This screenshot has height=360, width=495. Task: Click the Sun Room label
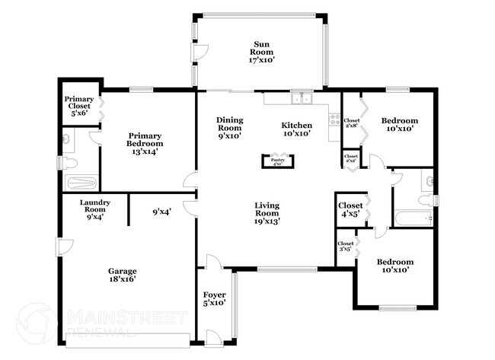click(261, 52)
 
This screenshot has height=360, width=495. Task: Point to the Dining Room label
click(229, 128)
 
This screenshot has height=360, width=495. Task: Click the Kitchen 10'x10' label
click(296, 130)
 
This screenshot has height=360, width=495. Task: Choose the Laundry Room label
click(95, 207)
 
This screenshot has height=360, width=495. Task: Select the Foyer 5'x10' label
click(214, 299)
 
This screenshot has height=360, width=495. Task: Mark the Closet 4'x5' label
click(350, 209)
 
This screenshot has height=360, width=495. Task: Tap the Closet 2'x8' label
click(351, 123)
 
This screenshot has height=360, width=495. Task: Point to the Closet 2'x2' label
click(350, 158)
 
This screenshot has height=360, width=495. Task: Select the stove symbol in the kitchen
click(333, 119)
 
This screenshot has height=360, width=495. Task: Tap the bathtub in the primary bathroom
click(80, 183)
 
